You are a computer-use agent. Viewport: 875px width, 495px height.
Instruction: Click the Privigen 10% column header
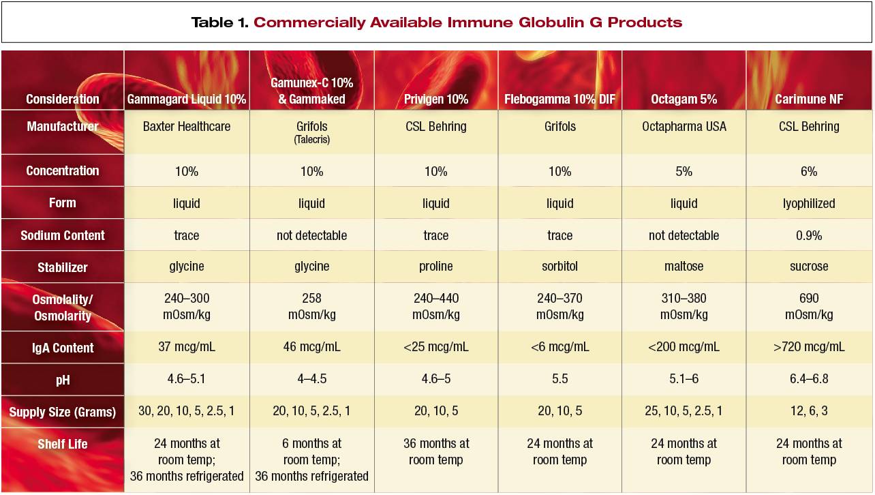tap(436, 100)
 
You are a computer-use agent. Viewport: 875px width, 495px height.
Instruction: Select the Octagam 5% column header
tap(684, 100)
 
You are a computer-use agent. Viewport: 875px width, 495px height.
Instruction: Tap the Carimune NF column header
tap(809, 100)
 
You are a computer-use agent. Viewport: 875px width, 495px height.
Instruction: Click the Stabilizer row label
tap(62, 267)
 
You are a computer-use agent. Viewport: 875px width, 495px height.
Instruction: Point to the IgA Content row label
tap(63, 348)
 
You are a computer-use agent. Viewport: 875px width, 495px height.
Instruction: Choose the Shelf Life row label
tap(63, 445)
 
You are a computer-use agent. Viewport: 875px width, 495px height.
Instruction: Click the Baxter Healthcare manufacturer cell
tap(187, 127)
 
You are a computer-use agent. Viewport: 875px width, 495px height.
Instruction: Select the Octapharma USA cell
tap(684, 127)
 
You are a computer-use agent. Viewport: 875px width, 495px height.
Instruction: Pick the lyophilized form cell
tap(809, 204)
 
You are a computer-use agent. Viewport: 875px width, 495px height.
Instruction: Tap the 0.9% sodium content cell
tap(809, 236)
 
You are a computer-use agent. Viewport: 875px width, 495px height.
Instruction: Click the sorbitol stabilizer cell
tap(559, 267)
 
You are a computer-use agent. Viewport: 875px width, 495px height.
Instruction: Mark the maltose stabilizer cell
tap(684, 267)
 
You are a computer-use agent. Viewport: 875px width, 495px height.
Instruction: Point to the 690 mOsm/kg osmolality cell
tap(809, 307)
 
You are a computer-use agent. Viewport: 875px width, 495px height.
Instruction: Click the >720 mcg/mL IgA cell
tap(809, 347)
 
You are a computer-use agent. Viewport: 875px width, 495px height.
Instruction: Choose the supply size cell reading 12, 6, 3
tap(809, 412)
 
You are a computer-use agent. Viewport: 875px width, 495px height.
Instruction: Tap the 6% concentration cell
tap(809, 172)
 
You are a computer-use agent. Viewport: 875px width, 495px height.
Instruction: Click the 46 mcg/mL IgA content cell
tap(312, 347)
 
